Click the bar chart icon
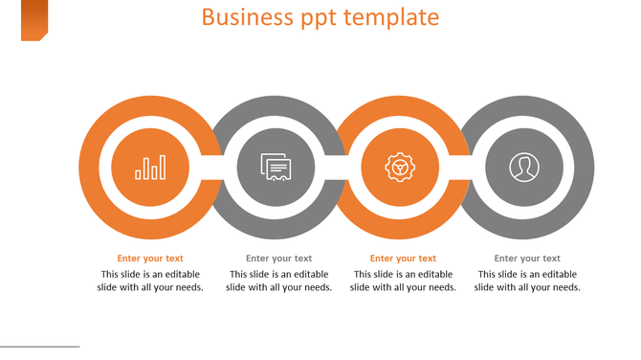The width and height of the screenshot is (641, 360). (x=150, y=169)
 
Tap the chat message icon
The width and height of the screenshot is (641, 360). (x=276, y=169)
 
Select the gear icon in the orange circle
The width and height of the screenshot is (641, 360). (x=399, y=168)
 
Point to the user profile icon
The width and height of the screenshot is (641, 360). (x=523, y=168)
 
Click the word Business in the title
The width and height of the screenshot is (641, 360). (x=239, y=17)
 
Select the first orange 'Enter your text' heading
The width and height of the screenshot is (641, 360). (x=150, y=259)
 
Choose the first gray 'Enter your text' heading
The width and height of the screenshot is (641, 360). (x=278, y=259)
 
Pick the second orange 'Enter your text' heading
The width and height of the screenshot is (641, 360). (x=403, y=259)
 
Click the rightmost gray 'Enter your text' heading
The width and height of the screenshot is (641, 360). (x=527, y=259)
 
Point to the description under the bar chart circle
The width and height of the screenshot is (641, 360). (x=150, y=281)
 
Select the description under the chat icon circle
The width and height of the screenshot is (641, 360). (x=278, y=281)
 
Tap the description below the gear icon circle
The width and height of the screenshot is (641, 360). (x=403, y=281)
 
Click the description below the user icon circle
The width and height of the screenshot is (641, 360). (x=527, y=281)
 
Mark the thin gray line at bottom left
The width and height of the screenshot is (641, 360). (x=39, y=347)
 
